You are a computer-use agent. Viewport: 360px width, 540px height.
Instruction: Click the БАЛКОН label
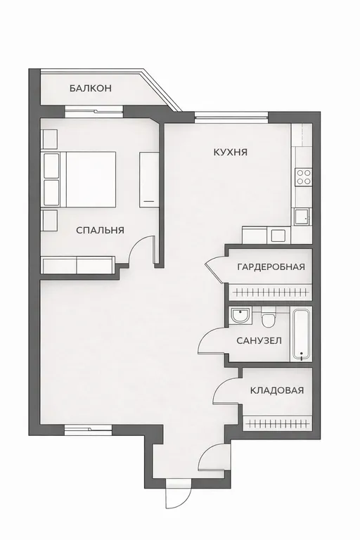point(90,88)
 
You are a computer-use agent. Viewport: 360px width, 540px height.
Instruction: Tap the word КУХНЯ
point(231,152)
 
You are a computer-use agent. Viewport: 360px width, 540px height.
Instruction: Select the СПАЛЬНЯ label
point(100,230)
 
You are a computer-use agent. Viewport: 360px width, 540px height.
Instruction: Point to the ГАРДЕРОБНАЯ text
point(271,266)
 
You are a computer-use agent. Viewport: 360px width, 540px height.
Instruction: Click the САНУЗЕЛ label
point(259,340)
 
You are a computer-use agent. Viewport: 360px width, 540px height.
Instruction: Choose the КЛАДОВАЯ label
point(277,390)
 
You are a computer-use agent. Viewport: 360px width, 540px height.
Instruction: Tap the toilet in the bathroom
point(267,317)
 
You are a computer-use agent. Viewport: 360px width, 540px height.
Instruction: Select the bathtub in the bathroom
point(302,335)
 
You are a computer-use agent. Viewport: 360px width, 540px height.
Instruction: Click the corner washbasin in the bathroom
point(240,314)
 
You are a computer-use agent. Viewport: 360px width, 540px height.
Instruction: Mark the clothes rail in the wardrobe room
point(271,292)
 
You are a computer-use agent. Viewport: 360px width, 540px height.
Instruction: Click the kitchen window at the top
point(231,117)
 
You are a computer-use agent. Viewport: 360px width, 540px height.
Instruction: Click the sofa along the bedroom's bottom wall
point(78,265)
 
